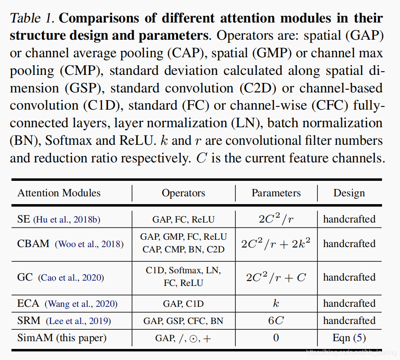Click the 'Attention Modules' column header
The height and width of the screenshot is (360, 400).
click(x=59, y=193)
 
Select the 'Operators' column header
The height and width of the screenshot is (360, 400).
click(x=183, y=193)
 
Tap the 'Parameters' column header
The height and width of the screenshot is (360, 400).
click(x=276, y=193)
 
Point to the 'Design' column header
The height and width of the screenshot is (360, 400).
click(x=349, y=193)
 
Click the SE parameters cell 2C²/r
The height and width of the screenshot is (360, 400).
click(x=276, y=219)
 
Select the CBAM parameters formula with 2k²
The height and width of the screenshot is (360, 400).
click(x=276, y=244)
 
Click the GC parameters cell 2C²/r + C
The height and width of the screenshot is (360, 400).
click(x=276, y=277)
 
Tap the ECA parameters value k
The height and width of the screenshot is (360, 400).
click(x=276, y=304)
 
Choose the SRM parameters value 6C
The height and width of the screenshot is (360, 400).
click(x=276, y=321)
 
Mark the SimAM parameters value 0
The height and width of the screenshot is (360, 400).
click(x=276, y=338)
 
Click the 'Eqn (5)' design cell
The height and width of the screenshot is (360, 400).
click(x=349, y=338)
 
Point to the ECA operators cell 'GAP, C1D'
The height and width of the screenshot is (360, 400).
click(x=183, y=304)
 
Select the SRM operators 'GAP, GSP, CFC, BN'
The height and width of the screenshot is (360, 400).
click(x=183, y=321)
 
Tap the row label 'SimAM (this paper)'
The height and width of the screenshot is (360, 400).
click(x=62, y=338)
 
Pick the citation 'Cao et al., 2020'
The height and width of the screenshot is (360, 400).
click(x=72, y=278)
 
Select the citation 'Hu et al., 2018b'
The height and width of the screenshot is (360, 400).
click(x=67, y=220)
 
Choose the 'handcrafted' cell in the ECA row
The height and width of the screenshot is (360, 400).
click(x=349, y=304)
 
